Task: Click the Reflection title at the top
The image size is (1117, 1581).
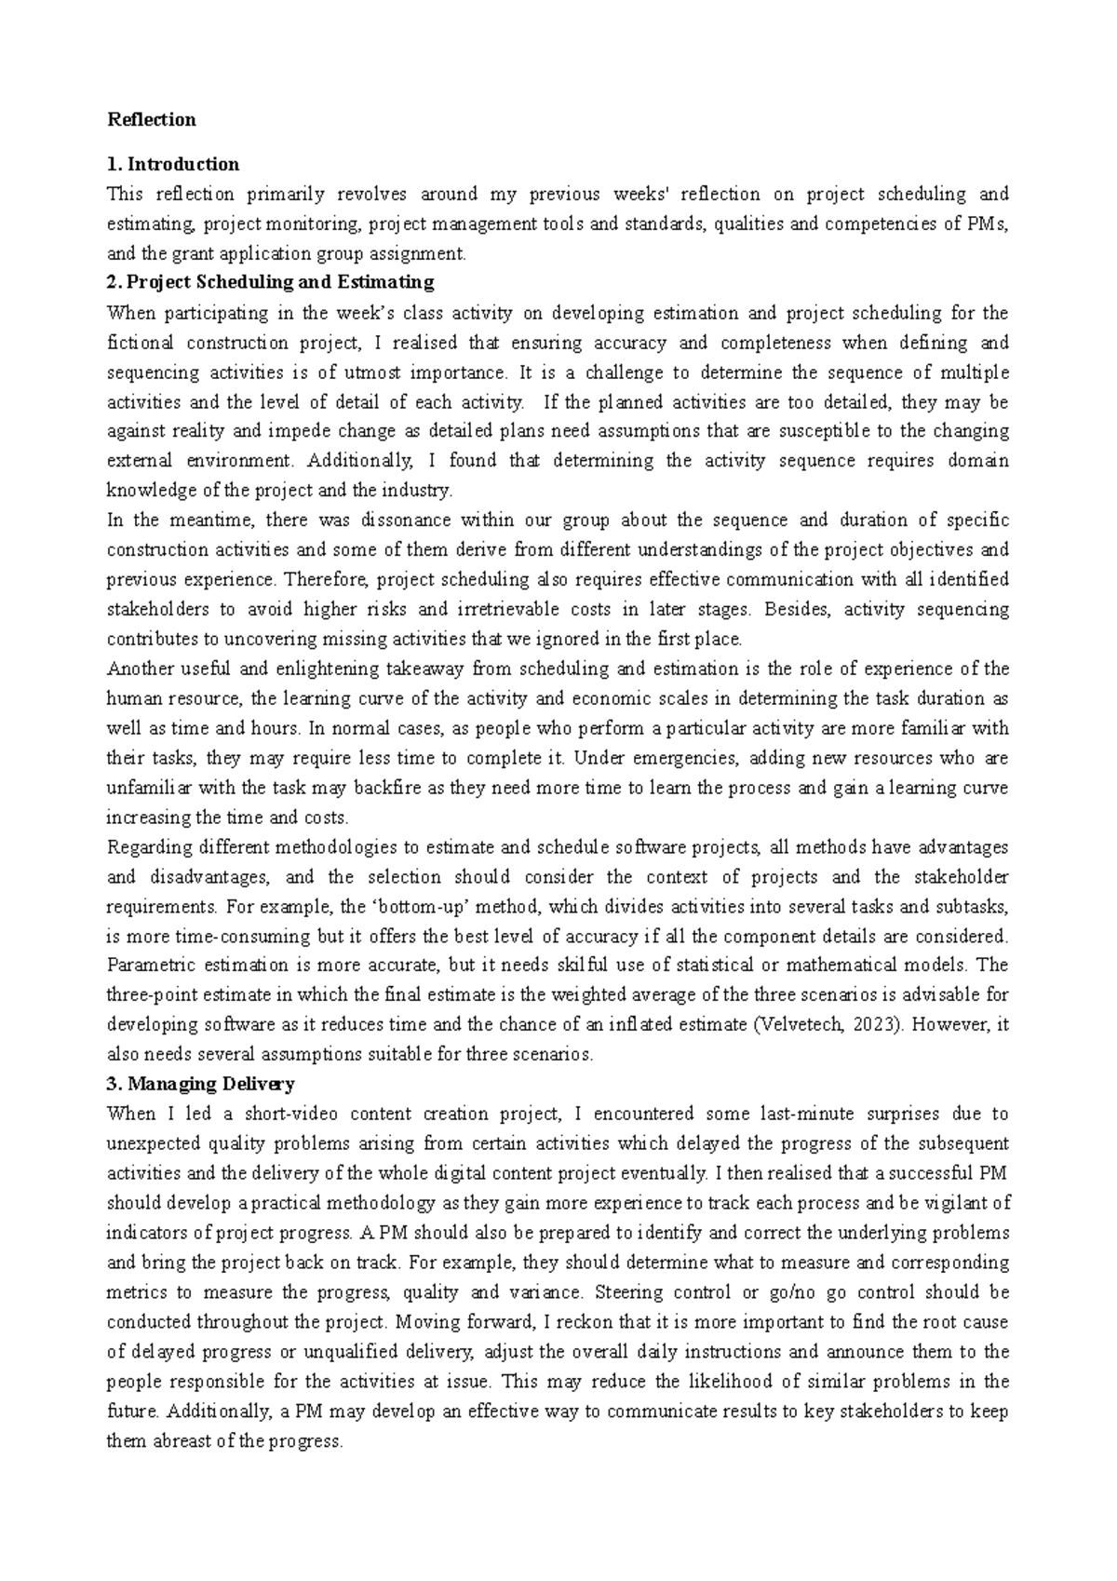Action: pyautogui.click(x=152, y=119)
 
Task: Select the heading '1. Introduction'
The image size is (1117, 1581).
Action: pyautogui.click(x=174, y=164)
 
